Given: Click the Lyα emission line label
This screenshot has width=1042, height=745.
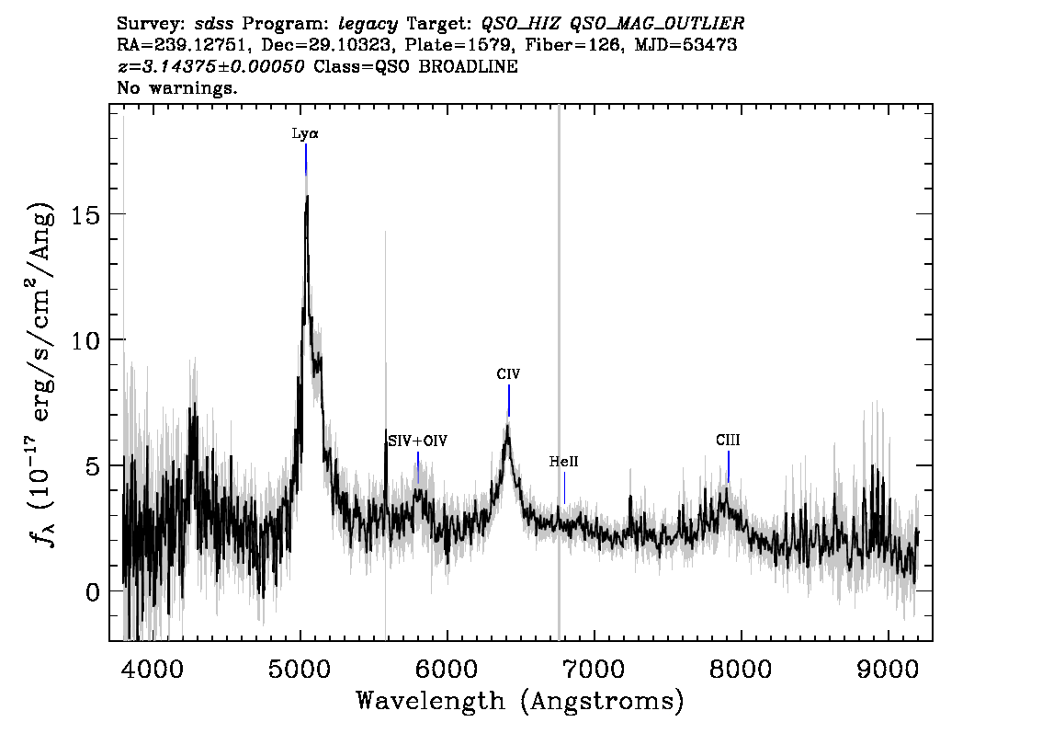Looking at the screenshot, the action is (x=305, y=133).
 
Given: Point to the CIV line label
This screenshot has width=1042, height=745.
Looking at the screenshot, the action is (x=508, y=373).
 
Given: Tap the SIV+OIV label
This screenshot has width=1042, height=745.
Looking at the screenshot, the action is (x=418, y=441).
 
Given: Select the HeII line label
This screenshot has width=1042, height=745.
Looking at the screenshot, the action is (x=563, y=462).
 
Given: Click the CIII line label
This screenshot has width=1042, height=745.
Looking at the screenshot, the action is (x=728, y=441).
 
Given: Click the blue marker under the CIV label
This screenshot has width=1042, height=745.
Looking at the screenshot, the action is (x=509, y=400).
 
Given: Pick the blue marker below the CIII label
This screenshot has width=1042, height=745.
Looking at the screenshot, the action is (x=729, y=466).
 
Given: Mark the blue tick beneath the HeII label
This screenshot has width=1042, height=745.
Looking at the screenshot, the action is (x=564, y=488).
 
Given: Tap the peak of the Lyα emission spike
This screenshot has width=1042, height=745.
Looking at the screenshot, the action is (x=307, y=196).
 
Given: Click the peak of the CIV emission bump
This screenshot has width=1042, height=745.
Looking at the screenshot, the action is (x=508, y=427).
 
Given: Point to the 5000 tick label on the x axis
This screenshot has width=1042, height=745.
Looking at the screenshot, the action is (x=300, y=670).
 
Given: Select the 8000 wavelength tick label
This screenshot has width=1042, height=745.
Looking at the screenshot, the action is (x=741, y=670).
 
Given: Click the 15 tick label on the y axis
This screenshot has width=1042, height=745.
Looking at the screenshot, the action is (x=85, y=215).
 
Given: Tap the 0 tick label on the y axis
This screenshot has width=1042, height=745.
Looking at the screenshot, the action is (x=93, y=591).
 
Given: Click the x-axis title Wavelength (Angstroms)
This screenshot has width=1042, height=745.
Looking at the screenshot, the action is (x=520, y=701).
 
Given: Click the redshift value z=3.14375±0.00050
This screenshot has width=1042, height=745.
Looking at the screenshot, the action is (x=210, y=66).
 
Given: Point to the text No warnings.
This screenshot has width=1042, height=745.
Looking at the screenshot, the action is (x=176, y=87).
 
